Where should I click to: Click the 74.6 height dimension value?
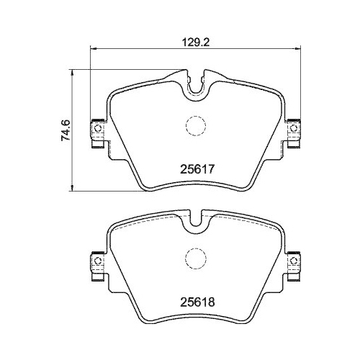(x=66, y=130)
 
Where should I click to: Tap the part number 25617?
(x=197, y=169)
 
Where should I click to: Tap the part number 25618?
(x=197, y=302)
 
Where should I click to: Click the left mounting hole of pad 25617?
(x=98, y=128)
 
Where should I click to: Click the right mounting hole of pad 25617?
(x=293, y=128)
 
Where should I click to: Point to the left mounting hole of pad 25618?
(x=98, y=261)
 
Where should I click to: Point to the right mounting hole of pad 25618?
(x=293, y=261)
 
